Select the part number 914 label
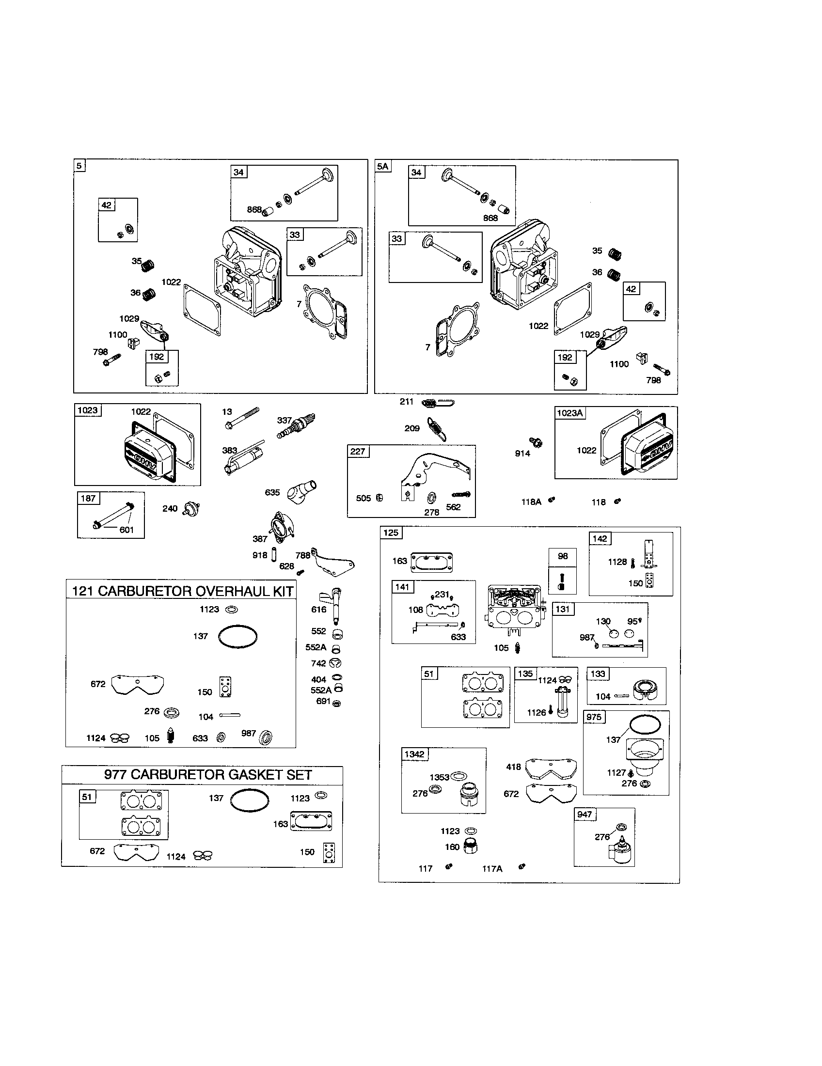point(522,454)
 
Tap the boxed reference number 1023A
point(569,413)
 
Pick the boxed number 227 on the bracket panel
point(358,451)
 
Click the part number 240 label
point(169,509)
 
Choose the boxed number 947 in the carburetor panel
point(585,814)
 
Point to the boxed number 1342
point(414,754)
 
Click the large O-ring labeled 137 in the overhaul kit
point(237,637)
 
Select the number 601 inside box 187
point(126,530)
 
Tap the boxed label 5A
point(382,166)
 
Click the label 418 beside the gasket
point(513,767)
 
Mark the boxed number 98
point(563,556)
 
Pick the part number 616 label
point(318,609)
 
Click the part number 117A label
point(492,868)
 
